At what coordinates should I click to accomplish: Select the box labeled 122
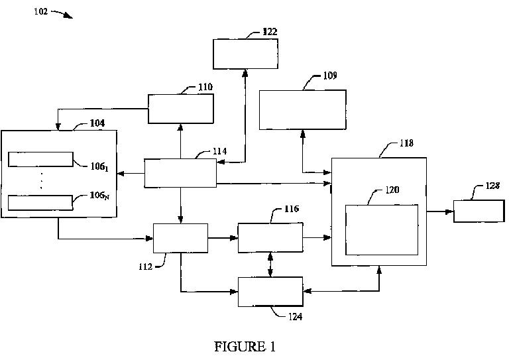tap(245, 54)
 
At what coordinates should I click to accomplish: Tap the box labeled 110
tap(180, 109)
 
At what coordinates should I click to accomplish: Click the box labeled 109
tap(302, 109)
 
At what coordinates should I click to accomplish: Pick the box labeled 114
tap(180, 173)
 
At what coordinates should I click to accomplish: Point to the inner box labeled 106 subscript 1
tap(40, 159)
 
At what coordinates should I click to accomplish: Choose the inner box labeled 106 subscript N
tap(40, 202)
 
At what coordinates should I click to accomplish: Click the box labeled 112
tap(180, 238)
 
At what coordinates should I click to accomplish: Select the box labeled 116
tap(270, 238)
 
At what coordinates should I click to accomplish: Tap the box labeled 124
tap(270, 292)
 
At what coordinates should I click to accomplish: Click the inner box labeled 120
tap(382, 230)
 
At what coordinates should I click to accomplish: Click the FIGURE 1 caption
tap(245, 346)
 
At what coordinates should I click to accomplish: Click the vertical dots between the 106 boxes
tap(41, 180)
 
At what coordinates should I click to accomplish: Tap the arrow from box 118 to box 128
tap(440, 212)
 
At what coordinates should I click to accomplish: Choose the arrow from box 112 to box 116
tap(223, 237)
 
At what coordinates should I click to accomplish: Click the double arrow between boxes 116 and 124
tap(270, 265)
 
